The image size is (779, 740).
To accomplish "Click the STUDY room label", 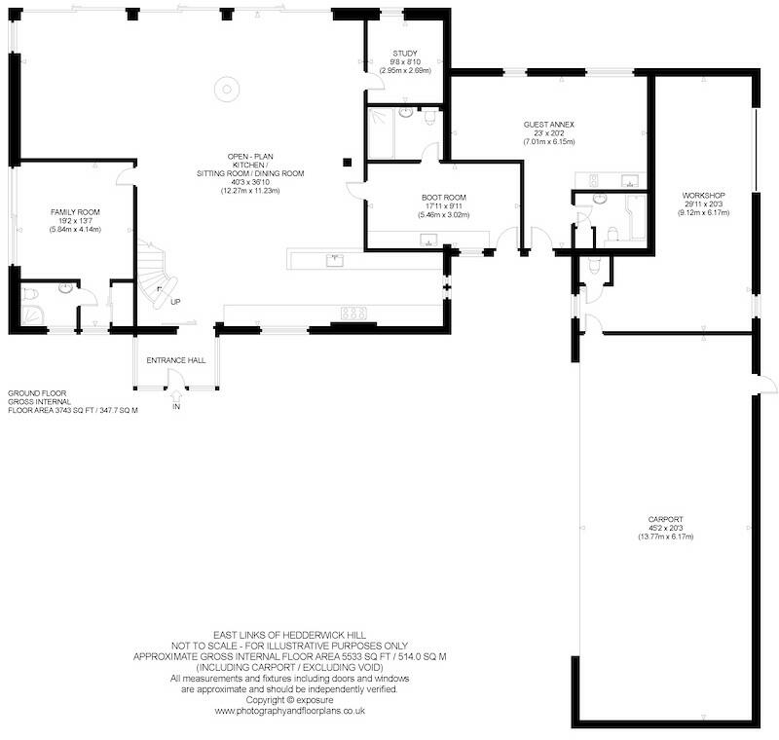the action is (x=405, y=54).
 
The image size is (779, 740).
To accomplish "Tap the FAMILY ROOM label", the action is (x=75, y=212).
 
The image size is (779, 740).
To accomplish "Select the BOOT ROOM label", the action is (x=444, y=197).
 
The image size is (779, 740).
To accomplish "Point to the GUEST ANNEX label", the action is (x=548, y=125).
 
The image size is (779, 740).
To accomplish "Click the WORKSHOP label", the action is (x=703, y=195).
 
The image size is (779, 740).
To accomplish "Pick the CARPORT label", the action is (x=666, y=520).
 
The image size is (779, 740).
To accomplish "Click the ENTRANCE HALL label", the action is (x=176, y=360).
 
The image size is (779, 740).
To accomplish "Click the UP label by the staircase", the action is (x=175, y=302).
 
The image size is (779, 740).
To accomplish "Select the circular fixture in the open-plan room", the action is (x=227, y=90).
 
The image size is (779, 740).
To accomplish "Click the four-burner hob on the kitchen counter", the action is (x=353, y=314).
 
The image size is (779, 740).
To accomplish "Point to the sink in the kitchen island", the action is (x=335, y=260).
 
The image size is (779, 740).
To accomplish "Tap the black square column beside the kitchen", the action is (x=348, y=162).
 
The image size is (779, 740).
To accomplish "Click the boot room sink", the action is (x=428, y=240).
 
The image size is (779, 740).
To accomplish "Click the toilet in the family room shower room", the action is (x=31, y=294).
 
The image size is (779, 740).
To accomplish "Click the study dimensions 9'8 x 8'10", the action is (x=405, y=62).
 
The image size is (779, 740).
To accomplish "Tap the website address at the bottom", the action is (x=289, y=711).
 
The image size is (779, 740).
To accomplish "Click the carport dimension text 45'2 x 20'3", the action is (x=666, y=529).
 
